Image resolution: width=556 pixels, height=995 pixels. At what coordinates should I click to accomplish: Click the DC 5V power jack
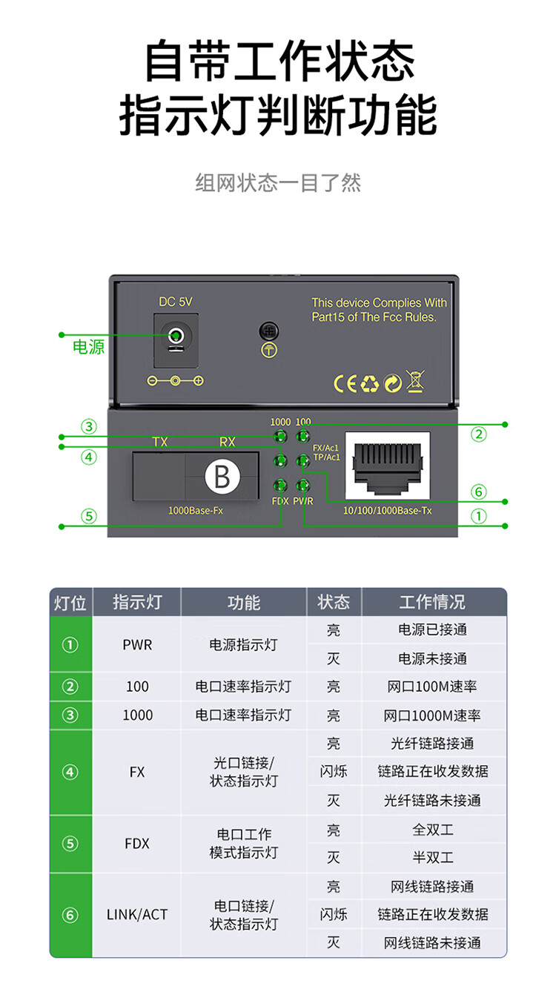click(176, 337)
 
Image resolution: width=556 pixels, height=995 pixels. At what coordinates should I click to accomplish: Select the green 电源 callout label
click(89, 346)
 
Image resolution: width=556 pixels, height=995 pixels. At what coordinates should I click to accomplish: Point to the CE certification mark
click(346, 383)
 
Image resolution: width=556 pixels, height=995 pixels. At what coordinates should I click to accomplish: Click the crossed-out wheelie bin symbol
click(415, 381)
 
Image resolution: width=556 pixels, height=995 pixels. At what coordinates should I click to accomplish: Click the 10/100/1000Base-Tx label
click(388, 512)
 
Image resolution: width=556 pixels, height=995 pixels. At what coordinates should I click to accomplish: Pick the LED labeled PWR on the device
click(302, 486)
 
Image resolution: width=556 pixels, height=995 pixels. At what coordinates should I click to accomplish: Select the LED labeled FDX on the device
click(280, 486)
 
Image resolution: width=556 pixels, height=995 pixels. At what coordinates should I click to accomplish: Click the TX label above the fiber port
click(160, 442)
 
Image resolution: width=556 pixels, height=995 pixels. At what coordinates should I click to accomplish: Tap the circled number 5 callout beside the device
click(89, 515)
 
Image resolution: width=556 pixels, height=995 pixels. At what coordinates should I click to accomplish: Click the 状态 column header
click(334, 602)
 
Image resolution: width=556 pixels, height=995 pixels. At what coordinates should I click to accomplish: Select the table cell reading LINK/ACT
click(137, 915)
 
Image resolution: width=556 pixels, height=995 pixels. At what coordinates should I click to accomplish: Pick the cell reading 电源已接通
click(433, 629)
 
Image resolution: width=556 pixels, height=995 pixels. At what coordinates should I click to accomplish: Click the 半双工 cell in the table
click(433, 858)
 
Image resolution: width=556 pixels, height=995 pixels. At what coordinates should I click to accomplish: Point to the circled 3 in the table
click(70, 715)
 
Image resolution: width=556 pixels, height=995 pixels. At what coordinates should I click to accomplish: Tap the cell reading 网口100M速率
click(433, 687)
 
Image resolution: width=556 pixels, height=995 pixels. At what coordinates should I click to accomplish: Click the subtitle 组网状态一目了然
click(278, 183)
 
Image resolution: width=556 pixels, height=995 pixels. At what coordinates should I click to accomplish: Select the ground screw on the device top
click(268, 331)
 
